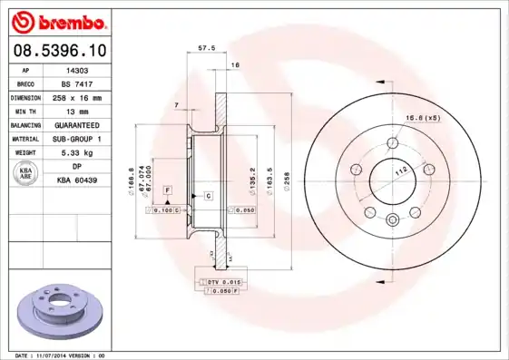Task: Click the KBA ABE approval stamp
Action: click(x=24, y=173)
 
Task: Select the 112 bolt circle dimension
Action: click(x=400, y=170)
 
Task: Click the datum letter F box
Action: click(x=168, y=189)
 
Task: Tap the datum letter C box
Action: click(x=208, y=196)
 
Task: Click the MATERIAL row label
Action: click(x=26, y=138)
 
